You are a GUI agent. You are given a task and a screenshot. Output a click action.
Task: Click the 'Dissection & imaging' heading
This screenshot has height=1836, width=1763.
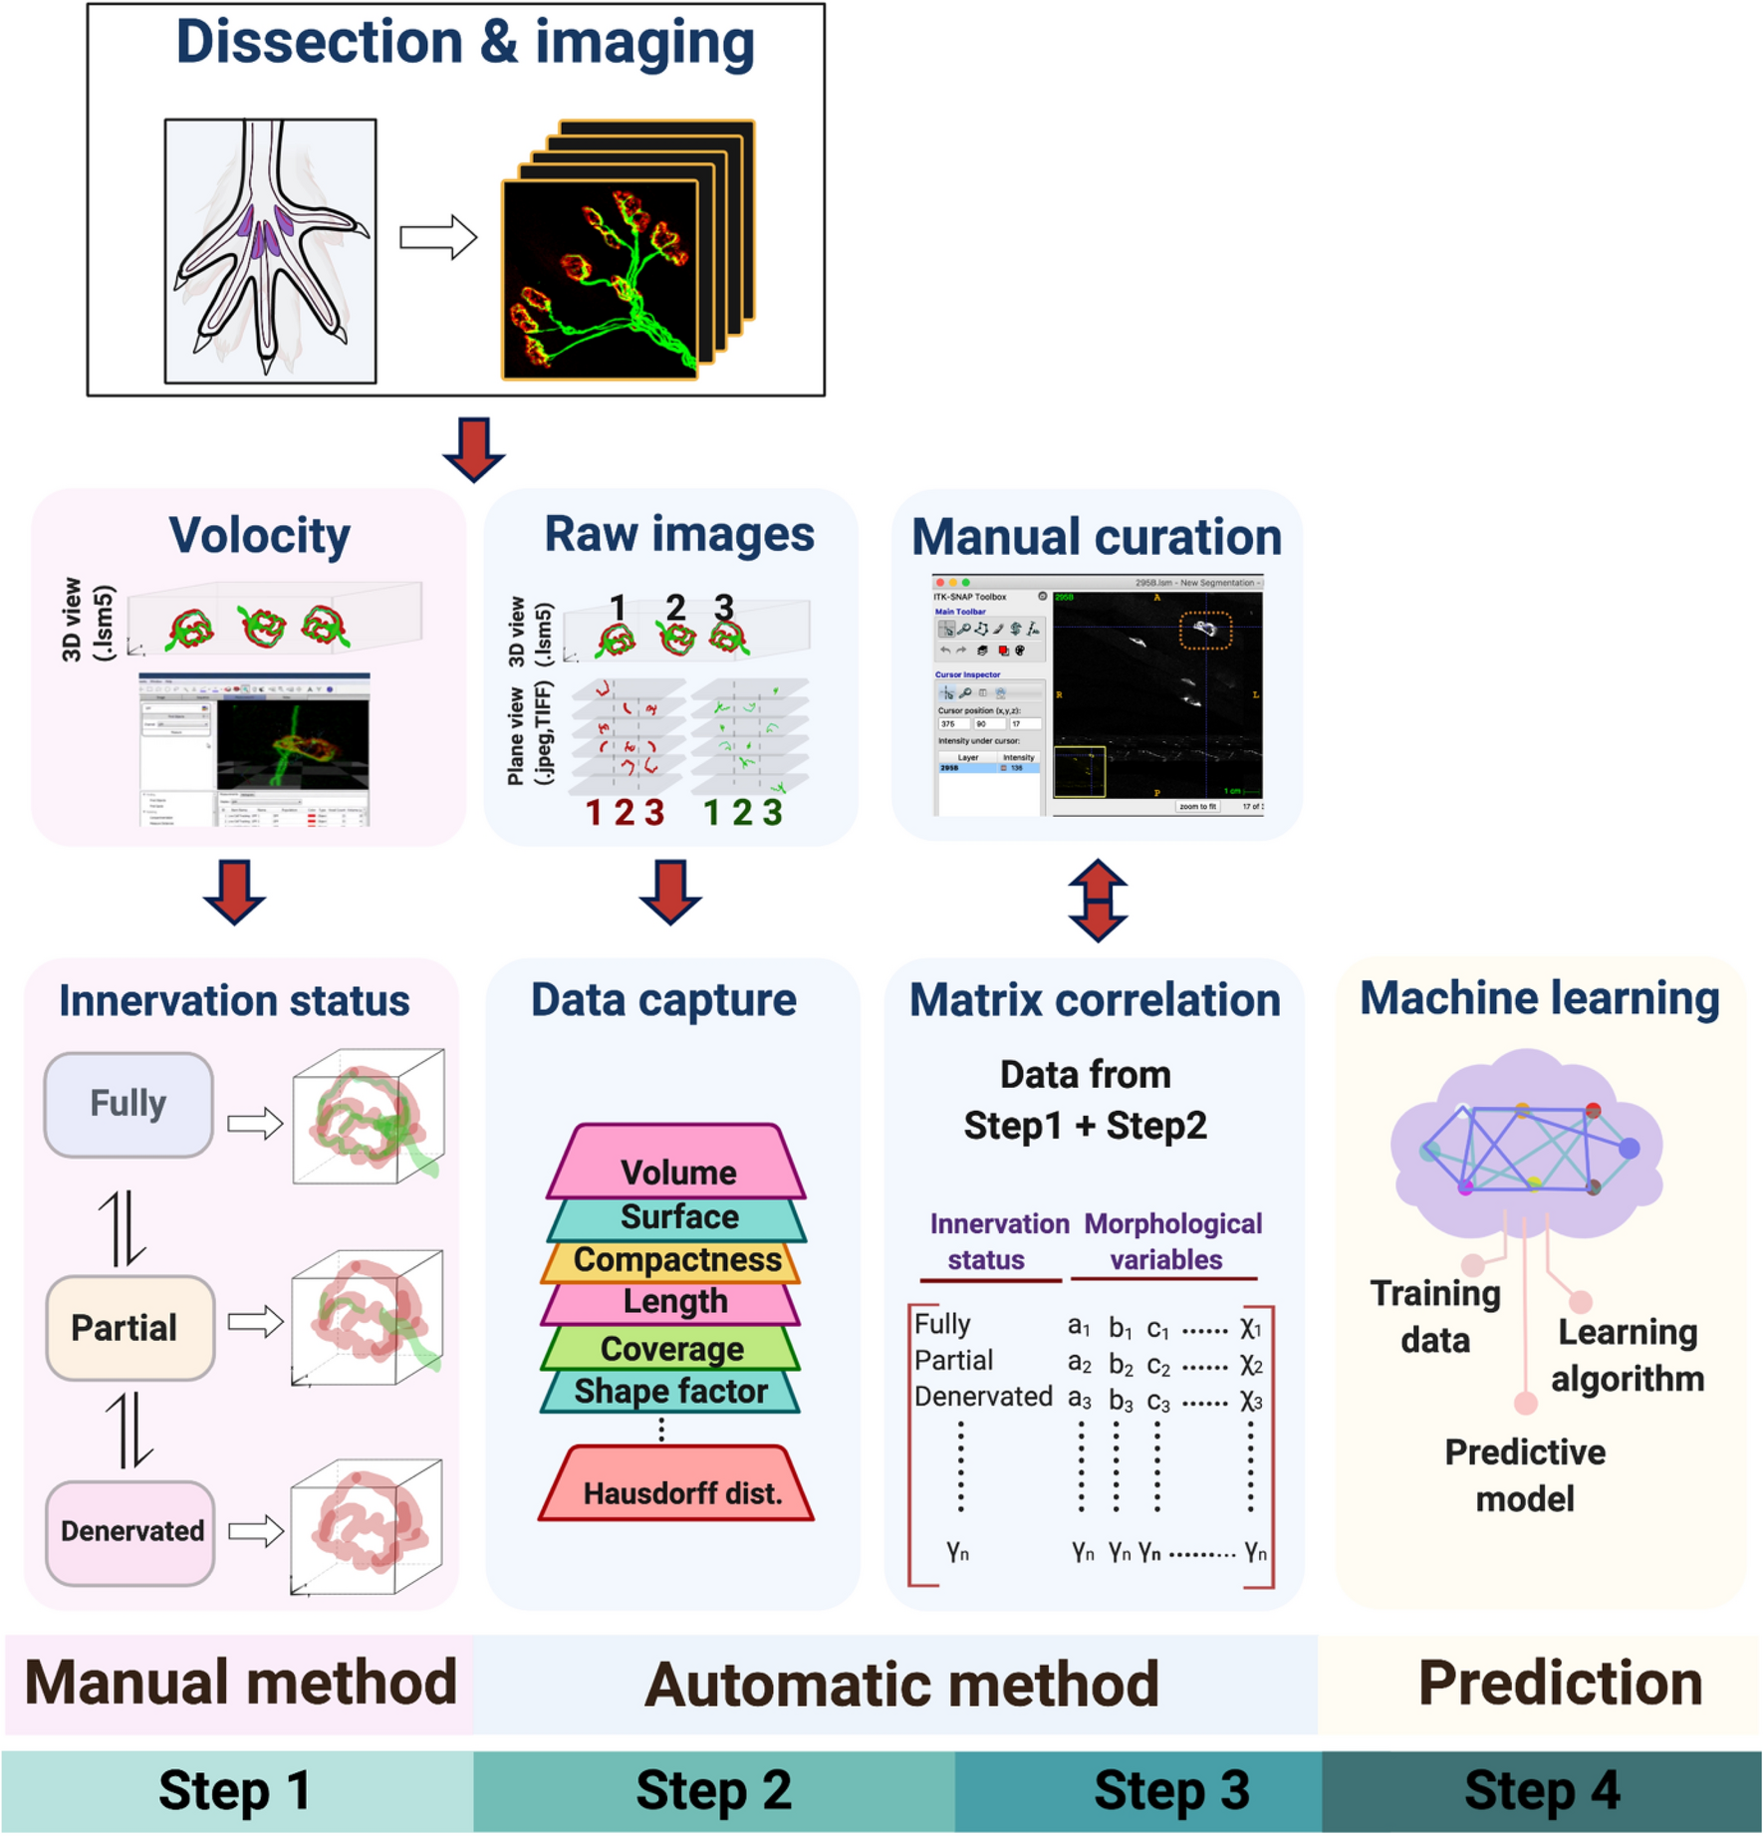coord(464,43)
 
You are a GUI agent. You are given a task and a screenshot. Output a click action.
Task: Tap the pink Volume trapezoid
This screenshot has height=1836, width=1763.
coord(677,1167)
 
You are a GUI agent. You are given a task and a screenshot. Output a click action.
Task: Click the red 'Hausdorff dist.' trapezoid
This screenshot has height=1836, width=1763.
coord(678,1488)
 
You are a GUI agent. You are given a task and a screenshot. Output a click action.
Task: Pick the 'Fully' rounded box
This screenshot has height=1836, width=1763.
coord(128,1104)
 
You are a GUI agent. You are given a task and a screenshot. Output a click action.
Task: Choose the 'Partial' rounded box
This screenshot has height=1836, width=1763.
coord(128,1327)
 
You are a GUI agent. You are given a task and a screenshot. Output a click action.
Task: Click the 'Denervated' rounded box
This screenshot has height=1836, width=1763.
coord(130,1531)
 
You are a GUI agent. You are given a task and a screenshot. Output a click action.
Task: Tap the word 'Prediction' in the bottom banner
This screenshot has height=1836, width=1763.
coord(1559,1684)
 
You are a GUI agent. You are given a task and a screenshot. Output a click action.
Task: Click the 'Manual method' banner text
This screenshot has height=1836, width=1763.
coord(240,1684)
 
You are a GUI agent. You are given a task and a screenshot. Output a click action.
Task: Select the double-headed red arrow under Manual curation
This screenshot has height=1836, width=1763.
coord(1097,901)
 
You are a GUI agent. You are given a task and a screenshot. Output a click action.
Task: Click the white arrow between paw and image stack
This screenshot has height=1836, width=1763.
coord(437,237)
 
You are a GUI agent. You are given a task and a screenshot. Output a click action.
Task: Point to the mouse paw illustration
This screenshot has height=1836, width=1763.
coord(270,250)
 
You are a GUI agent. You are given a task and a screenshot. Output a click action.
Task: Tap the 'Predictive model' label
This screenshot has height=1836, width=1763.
coord(1524,1475)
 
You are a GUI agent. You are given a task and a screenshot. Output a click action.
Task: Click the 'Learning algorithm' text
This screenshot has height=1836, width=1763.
coord(1627,1355)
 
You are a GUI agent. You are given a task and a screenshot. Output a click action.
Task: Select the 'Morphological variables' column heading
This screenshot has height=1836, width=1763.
coord(1171,1241)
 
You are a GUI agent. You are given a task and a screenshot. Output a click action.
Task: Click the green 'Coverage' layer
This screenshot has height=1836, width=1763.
coord(671,1348)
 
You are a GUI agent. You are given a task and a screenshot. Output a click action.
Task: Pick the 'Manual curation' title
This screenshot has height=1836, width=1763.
coord(1096,537)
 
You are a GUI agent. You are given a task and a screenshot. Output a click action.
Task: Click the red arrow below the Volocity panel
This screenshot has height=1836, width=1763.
coord(234,892)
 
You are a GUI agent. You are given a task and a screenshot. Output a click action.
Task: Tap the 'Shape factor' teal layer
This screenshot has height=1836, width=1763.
coord(670,1391)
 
